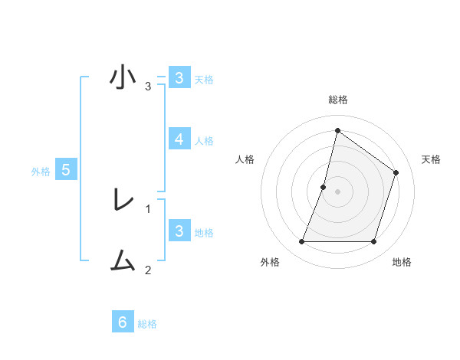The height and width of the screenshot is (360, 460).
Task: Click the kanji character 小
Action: click(123, 78)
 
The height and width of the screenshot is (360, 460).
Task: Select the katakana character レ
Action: click(123, 201)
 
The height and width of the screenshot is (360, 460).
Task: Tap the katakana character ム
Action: click(123, 262)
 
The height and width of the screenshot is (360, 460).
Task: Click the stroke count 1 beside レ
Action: click(148, 208)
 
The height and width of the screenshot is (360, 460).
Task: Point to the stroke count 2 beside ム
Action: click(148, 270)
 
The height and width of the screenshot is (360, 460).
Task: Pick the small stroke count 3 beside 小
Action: click(148, 86)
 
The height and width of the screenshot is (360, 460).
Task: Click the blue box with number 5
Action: click(66, 170)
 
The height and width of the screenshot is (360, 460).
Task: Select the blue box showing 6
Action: click(123, 322)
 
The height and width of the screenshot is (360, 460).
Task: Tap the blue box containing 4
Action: click(179, 139)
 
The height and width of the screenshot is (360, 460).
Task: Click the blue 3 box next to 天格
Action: click(179, 78)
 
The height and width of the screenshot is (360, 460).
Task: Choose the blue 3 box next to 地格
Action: click(179, 231)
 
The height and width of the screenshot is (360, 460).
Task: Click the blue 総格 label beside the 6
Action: click(147, 324)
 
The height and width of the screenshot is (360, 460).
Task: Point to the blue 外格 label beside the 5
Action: click(41, 172)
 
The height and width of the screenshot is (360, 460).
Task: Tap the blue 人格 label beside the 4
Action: click(204, 141)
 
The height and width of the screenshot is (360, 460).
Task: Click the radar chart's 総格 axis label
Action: click(337, 100)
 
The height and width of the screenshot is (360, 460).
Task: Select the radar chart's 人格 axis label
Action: click(245, 159)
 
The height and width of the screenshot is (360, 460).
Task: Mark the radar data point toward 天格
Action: click(396, 172)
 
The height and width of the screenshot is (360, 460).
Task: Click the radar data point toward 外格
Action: click(301, 242)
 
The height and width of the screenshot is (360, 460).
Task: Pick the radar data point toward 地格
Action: click(374, 242)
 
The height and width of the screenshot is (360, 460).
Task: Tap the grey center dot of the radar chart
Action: click(337, 191)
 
